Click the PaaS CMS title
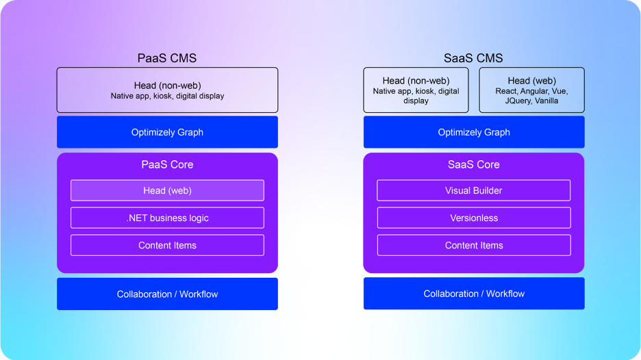pyautogui.click(x=167, y=58)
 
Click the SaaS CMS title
pyautogui.click(x=474, y=58)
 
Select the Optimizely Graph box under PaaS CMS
pyautogui.click(x=167, y=132)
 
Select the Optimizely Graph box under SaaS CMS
pyautogui.click(x=474, y=132)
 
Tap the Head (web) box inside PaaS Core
pyautogui.click(x=167, y=190)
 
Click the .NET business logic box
pyautogui.click(x=167, y=218)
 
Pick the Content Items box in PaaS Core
pyautogui.click(x=167, y=245)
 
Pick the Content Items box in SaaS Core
pyautogui.click(x=474, y=245)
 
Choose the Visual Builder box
pyautogui.click(x=474, y=190)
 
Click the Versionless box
pyautogui.click(x=474, y=218)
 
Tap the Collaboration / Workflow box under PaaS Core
pyautogui.click(x=167, y=294)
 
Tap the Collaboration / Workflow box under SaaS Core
pyautogui.click(x=474, y=294)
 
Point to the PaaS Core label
pyautogui.click(x=167, y=164)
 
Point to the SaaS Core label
pyautogui.click(x=474, y=164)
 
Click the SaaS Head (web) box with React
pyautogui.click(x=531, y=90)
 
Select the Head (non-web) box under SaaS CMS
pyautogui.click(x=416, y=90)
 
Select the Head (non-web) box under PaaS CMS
pyautogui.click(x=167, y=90)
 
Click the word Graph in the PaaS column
pyautogui.click(x=190, y=132)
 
